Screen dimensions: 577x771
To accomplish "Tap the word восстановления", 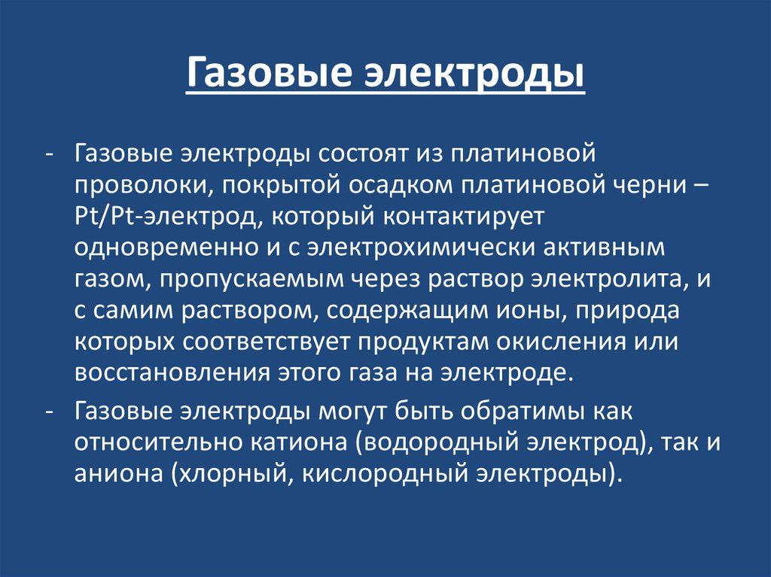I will click(x=163, y=374).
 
